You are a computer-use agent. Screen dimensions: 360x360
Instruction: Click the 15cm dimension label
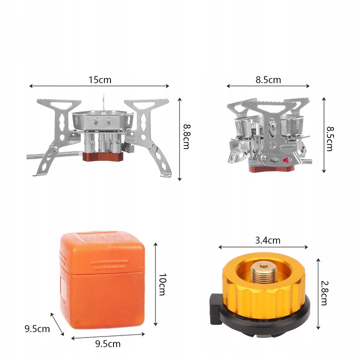pyautogui.click(x=100, y=79)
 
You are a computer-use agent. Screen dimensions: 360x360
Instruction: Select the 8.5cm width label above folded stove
pyautogui.click(x=268, y=79)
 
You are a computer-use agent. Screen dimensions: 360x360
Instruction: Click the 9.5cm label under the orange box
pyautogui.click(x=107, y=344)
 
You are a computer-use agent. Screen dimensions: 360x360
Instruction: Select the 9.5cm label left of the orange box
pyautogui.click(x=37, y=328)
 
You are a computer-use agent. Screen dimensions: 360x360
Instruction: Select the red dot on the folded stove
pyautogui.click(x=286, y=160)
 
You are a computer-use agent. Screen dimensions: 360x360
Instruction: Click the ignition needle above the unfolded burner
pyautogui.click(x=104, y=103)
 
